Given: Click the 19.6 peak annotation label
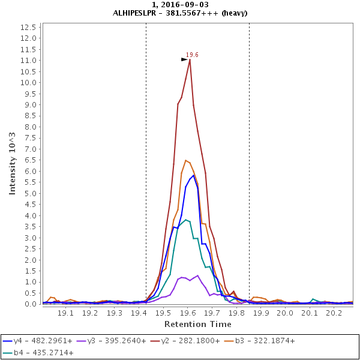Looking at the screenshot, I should click(x=192, y=55).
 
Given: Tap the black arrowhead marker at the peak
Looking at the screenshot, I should click(x=185, y=59).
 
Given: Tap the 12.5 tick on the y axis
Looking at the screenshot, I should click(x=28, y=27).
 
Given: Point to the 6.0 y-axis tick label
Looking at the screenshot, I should click(x=31, y=171).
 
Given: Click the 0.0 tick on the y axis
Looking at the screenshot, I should click(x=31, y=304).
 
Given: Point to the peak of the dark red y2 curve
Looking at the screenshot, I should click(x=190, y=59).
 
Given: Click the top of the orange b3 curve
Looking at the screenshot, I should click(x=186, y=160).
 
